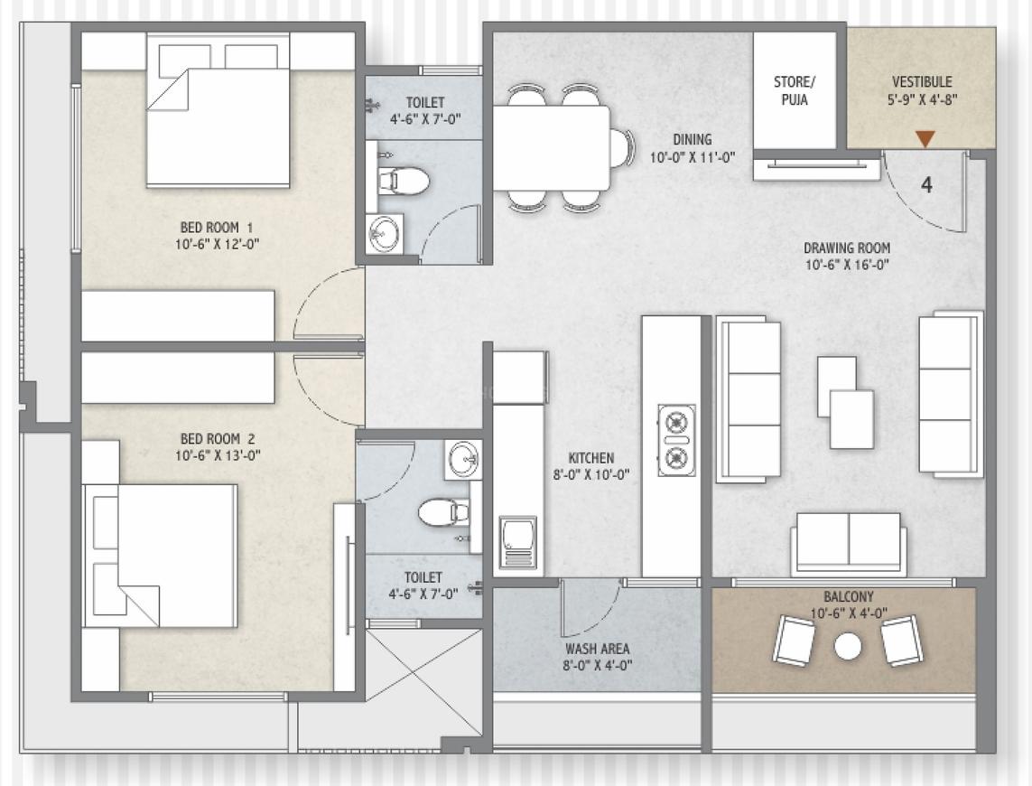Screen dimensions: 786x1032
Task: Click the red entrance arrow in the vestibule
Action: [x=925, y=139]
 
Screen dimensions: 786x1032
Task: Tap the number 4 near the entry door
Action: [x=926, y=185]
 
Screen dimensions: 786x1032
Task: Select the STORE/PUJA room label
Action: [x=794, y=90]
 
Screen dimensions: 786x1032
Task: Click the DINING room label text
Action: [x=692, y=140]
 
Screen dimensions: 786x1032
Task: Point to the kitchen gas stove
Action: [x=676, y=440]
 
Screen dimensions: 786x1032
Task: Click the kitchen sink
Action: [x=518, y=542]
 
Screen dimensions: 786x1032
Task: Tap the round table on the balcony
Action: [x=847, y=645]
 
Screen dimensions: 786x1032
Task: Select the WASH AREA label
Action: [x=597, y=649]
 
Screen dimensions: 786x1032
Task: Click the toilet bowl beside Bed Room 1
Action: [x=403, y=181]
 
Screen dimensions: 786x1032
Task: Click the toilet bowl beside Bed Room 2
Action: [x=442, y=512]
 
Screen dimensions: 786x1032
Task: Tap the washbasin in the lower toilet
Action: [x=462, y=460]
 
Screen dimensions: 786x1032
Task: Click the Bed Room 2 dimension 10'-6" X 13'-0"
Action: [x=218, y=456]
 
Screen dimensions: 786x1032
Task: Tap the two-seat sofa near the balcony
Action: [x=848, y=543]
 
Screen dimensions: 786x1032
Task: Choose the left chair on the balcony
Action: [x=793, y=641]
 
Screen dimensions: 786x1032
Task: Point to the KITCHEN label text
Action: [x=591, y=458]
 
